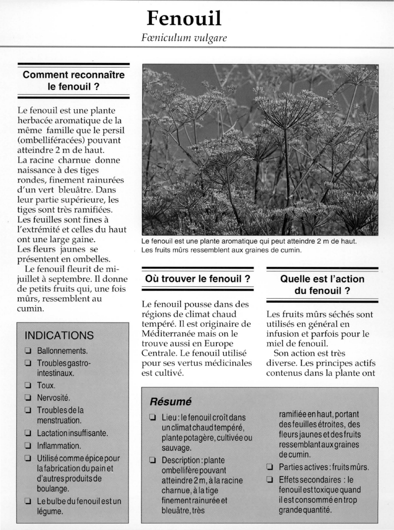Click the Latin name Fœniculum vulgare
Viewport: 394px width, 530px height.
(184, 38)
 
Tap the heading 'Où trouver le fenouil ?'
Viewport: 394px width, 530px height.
(197, 279)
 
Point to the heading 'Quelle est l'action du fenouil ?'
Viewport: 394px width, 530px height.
(322, 285)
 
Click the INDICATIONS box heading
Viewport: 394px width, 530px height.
(59, 335)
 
